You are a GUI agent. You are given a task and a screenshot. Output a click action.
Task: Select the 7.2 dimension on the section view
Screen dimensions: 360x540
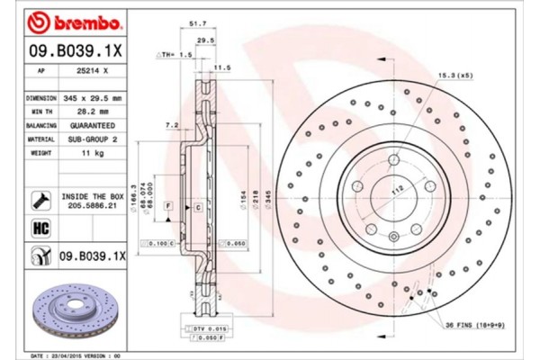(x=170, y=123)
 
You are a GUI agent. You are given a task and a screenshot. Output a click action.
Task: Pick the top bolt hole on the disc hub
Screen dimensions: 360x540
(x=392, y=160)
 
